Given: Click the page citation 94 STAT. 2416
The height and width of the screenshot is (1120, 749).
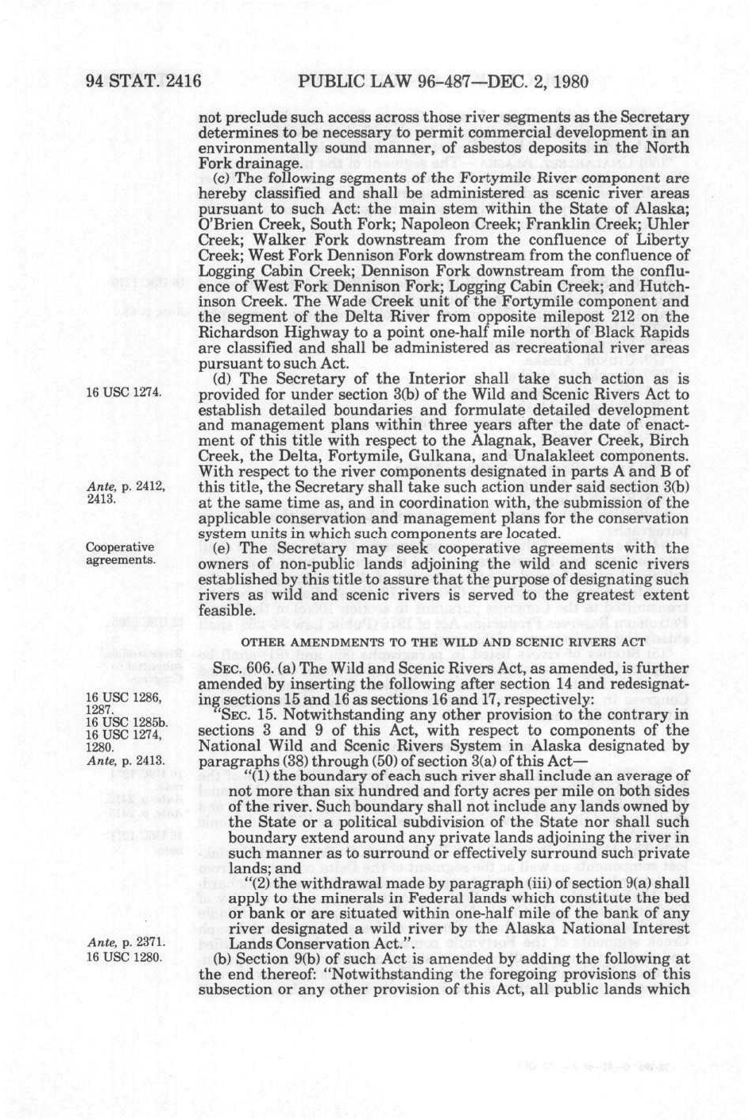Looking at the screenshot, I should click(143, 81).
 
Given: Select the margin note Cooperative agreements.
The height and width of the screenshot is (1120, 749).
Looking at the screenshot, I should click(120, 554).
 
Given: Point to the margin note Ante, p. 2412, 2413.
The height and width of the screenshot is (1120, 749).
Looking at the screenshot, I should click(125, 492).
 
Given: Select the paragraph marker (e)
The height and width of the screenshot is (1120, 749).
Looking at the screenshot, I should click(222, 549).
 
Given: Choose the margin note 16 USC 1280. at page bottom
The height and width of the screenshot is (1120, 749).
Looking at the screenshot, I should click(123, 956).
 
